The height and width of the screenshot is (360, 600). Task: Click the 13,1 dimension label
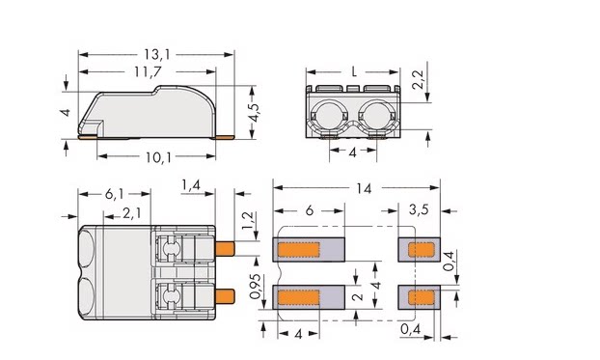[157, 55]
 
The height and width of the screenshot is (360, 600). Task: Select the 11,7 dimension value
[148, 72]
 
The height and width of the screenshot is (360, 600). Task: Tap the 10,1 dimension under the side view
[158, 156]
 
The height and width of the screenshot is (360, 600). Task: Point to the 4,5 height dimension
[254, 113]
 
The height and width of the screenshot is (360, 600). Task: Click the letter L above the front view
[354, 72]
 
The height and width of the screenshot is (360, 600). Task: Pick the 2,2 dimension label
[419, 80]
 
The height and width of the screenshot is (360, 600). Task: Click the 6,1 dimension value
[115, 194]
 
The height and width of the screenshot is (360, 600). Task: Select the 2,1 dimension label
[131, 213]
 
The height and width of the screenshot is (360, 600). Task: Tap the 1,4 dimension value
[191, 185]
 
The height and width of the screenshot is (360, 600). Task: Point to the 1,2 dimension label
[248, 221]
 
